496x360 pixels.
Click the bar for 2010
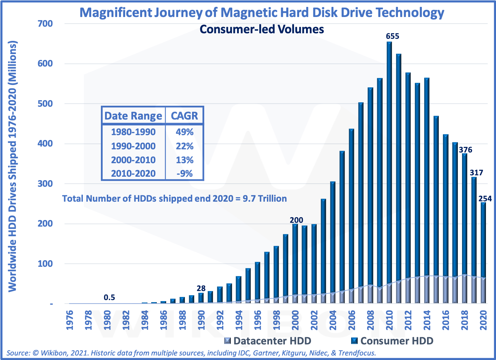point(389,173)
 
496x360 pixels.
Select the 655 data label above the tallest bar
point(393,36)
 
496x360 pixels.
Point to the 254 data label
point(485,199)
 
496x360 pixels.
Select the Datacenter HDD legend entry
point(268,341)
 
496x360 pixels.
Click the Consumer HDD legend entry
point(392,341)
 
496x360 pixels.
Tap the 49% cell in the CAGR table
point(184,132)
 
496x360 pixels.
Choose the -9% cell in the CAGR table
point(184,173)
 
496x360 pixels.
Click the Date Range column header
point(133,116)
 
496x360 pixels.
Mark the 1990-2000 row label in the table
point(133,146)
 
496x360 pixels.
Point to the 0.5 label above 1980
point(110,297)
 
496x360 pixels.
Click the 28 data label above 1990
point(201,288)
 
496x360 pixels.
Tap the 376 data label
point(465,150)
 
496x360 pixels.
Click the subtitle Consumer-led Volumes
point(262,29)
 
